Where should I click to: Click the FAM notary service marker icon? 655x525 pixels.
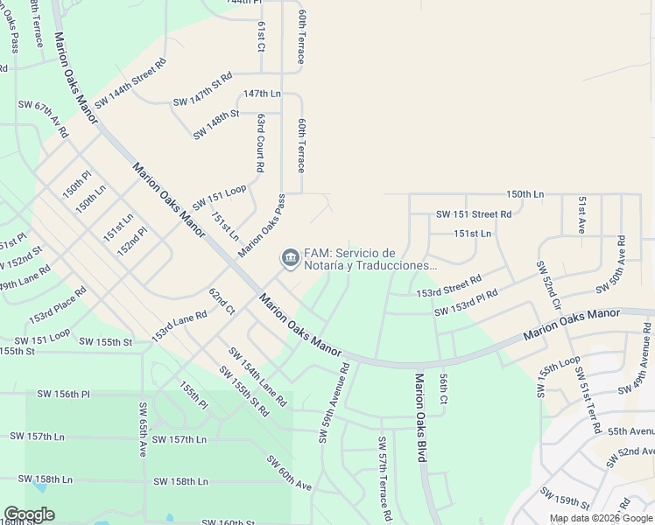[290, 258]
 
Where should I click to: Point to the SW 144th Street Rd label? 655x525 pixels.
[130, 84]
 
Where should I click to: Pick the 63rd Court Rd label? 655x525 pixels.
[261, 142]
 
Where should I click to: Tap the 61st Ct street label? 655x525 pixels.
[261, 36]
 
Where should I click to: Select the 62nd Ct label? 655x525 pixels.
[222, 300]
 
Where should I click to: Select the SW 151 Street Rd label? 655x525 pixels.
[473, 214]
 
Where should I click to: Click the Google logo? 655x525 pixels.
[29, 514]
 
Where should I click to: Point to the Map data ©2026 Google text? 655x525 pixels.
[601, 518]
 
